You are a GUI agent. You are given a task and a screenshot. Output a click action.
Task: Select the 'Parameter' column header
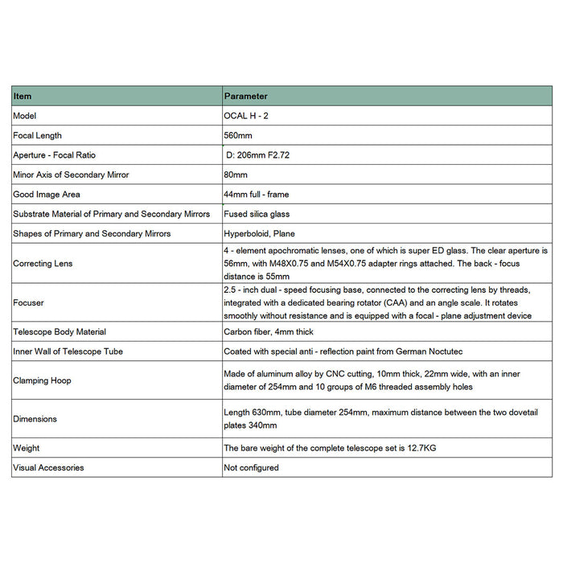[x=245, y=96]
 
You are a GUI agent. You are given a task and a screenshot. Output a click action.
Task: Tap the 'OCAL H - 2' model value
[x=248, y=116]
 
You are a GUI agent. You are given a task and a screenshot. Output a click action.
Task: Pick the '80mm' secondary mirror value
[x=236, y=175]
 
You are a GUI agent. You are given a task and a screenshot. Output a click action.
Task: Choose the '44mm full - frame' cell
[x=257, y=194]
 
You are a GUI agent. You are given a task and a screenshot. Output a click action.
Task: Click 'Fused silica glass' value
[x=257, y=214]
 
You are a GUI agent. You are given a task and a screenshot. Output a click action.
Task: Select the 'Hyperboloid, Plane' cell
[x=259, y=233]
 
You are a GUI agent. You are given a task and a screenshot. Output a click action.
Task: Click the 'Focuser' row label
[x=28, y=302]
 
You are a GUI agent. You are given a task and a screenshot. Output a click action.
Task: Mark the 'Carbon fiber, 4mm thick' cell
[x=269, y=331]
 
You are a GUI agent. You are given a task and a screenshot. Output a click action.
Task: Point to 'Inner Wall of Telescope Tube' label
[x=68, y=351]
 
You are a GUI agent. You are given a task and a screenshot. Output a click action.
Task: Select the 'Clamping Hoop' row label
[x=42, y=380]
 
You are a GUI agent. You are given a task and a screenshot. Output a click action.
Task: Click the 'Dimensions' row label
[x=35, y=419]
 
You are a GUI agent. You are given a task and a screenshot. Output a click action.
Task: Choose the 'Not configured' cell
[x=251, y=467]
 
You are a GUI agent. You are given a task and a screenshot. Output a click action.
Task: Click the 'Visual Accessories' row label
[x=48, y=467]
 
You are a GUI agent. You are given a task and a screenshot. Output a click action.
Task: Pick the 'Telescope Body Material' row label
[x=60, y=331]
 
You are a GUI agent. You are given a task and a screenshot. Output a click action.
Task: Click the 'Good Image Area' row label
[x=47, y=194]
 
